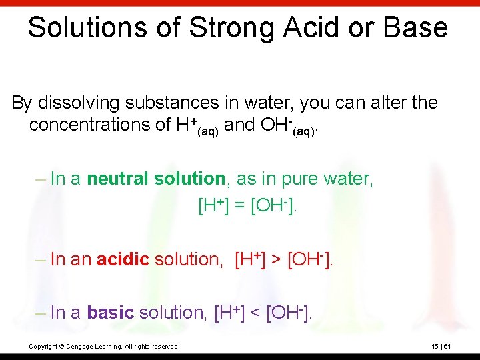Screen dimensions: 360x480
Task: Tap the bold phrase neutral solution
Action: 156,179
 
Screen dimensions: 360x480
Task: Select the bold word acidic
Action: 123,259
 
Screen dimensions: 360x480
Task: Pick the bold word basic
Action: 111,312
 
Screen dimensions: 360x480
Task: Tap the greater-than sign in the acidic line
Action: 276,259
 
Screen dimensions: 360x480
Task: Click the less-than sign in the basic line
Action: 254,312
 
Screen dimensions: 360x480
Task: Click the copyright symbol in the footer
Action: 61,346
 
